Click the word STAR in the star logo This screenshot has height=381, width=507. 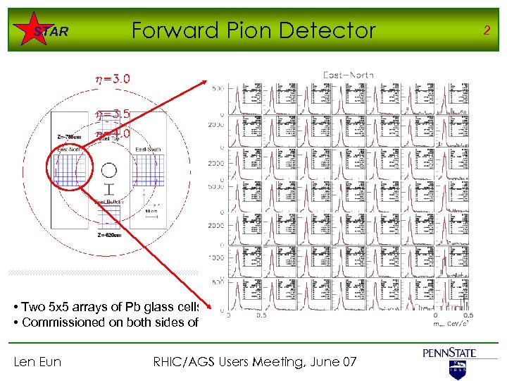coord(52,32)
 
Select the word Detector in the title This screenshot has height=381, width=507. coord(331,30)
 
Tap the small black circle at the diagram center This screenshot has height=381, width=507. coord(109,170)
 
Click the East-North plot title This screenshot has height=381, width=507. coord(348,75)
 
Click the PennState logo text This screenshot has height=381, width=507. coord(449,352)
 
